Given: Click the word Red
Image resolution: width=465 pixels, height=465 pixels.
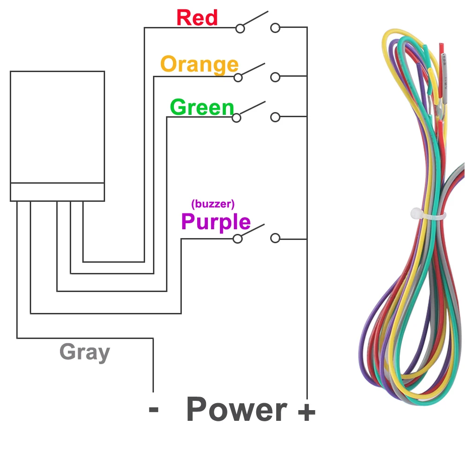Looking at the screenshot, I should pyautogui.click(x=197, y=18).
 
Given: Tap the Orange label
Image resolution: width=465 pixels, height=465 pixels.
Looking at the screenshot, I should pyautogui.click(x=199, y=64).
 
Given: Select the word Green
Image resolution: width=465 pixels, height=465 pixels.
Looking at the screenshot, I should pyautogui.click(x=202, y=107).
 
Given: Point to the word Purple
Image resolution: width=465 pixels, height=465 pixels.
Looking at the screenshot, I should pyautogui.click(x=216, y=222).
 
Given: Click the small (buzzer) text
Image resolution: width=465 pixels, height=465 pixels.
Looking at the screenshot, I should pyautogui.click(x=213, y=203).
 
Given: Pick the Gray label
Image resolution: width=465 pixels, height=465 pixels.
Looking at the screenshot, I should pyautogui.click(x=85, y=352).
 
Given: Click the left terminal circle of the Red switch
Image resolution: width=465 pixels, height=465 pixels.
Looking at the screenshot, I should pyautogui.click(x=240, y=28).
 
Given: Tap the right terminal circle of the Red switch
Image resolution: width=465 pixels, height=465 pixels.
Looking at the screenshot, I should pyautogui.click(x=275, y=28).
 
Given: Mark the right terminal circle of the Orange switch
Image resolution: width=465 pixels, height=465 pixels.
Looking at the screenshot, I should pyautogui.click(x=275, y=77).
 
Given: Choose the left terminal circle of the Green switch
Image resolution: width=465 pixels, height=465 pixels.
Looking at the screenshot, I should pyautogui.click(x=237, y=118).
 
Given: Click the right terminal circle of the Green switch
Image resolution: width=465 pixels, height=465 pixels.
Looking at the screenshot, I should pyautogui.click(x=275, y=117).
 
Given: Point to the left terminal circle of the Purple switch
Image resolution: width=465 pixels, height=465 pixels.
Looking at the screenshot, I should pyautogui.click(x=238, y=239).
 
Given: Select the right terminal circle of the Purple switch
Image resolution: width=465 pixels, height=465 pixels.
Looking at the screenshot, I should pyautogui.click(x=275, y=239).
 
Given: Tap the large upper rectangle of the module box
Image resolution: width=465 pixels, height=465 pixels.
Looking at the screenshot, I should pyautogui.click(x=57, y=126).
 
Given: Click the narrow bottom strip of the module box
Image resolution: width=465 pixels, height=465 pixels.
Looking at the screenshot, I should pyautogui.click(x=57, y=192).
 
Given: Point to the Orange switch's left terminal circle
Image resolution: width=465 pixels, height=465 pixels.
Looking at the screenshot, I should pyautogui.click(x=238, y=77).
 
